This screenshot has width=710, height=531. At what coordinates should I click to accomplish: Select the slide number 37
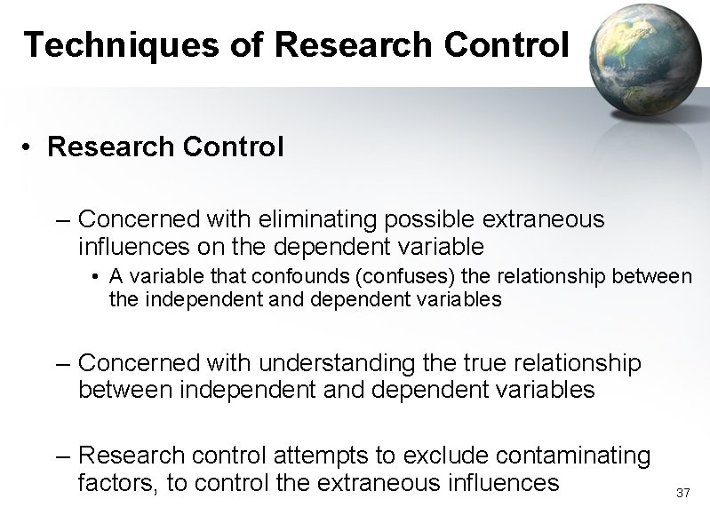tap(682, 492)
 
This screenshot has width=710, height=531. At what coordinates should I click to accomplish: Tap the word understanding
tap(334, 363)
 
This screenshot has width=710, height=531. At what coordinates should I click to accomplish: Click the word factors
tap(114, 483)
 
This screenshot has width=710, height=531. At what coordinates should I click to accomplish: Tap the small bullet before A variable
tap(94, 279)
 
